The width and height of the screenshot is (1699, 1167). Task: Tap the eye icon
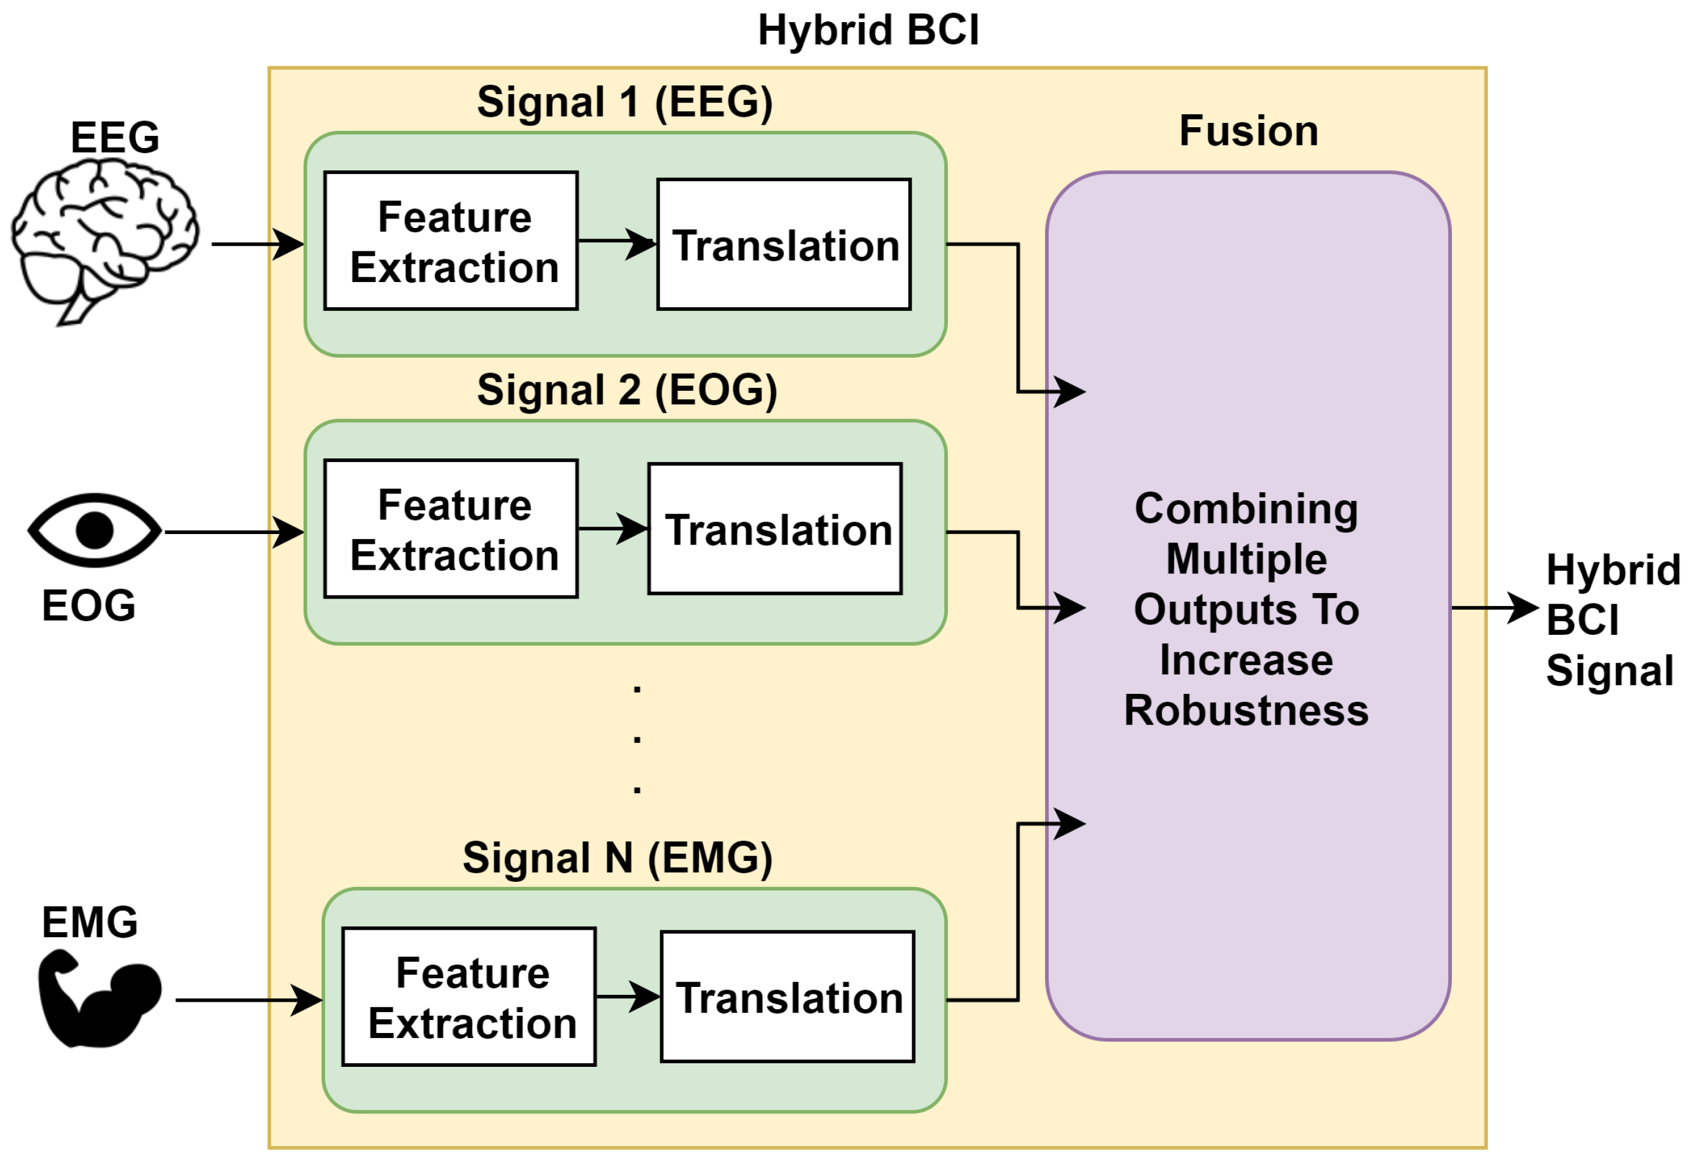(x=94, y=530)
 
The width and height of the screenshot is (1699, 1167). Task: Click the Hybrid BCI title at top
(x=868, y=31)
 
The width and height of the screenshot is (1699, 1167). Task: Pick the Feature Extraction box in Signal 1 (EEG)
(x=451, y=242)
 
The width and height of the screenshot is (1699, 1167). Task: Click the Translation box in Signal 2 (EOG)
(x=775, y=528)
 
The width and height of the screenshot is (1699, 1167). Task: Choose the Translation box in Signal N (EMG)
(x=787, y=997)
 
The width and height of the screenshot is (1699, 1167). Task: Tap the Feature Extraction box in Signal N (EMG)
(x=469, y=997)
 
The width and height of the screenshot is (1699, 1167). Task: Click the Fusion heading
(x=1248, y=131)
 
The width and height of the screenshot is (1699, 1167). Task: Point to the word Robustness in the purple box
(x=1246, y=711)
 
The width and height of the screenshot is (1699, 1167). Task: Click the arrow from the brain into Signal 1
(x=258, y=243)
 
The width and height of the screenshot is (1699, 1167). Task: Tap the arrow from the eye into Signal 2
(x=234, y=532)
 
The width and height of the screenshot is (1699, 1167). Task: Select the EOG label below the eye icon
(x=89, y=605)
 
